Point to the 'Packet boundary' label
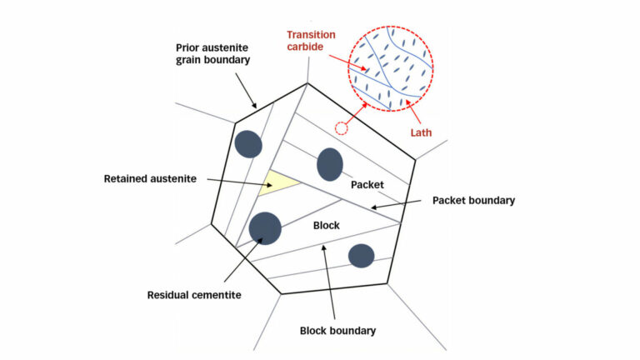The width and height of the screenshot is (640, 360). pos(474,201)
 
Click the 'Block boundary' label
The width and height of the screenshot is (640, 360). pos(338,330)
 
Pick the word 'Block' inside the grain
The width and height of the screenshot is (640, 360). pos(327,226)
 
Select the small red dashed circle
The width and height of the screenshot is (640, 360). pos(340,128)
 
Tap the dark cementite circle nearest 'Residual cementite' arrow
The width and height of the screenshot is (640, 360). pos(265,228)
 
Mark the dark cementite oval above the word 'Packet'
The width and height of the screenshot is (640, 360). pos(330,164)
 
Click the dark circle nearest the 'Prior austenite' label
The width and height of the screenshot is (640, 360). pos(248,144)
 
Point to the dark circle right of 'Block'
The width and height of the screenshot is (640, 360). pos(361,256)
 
